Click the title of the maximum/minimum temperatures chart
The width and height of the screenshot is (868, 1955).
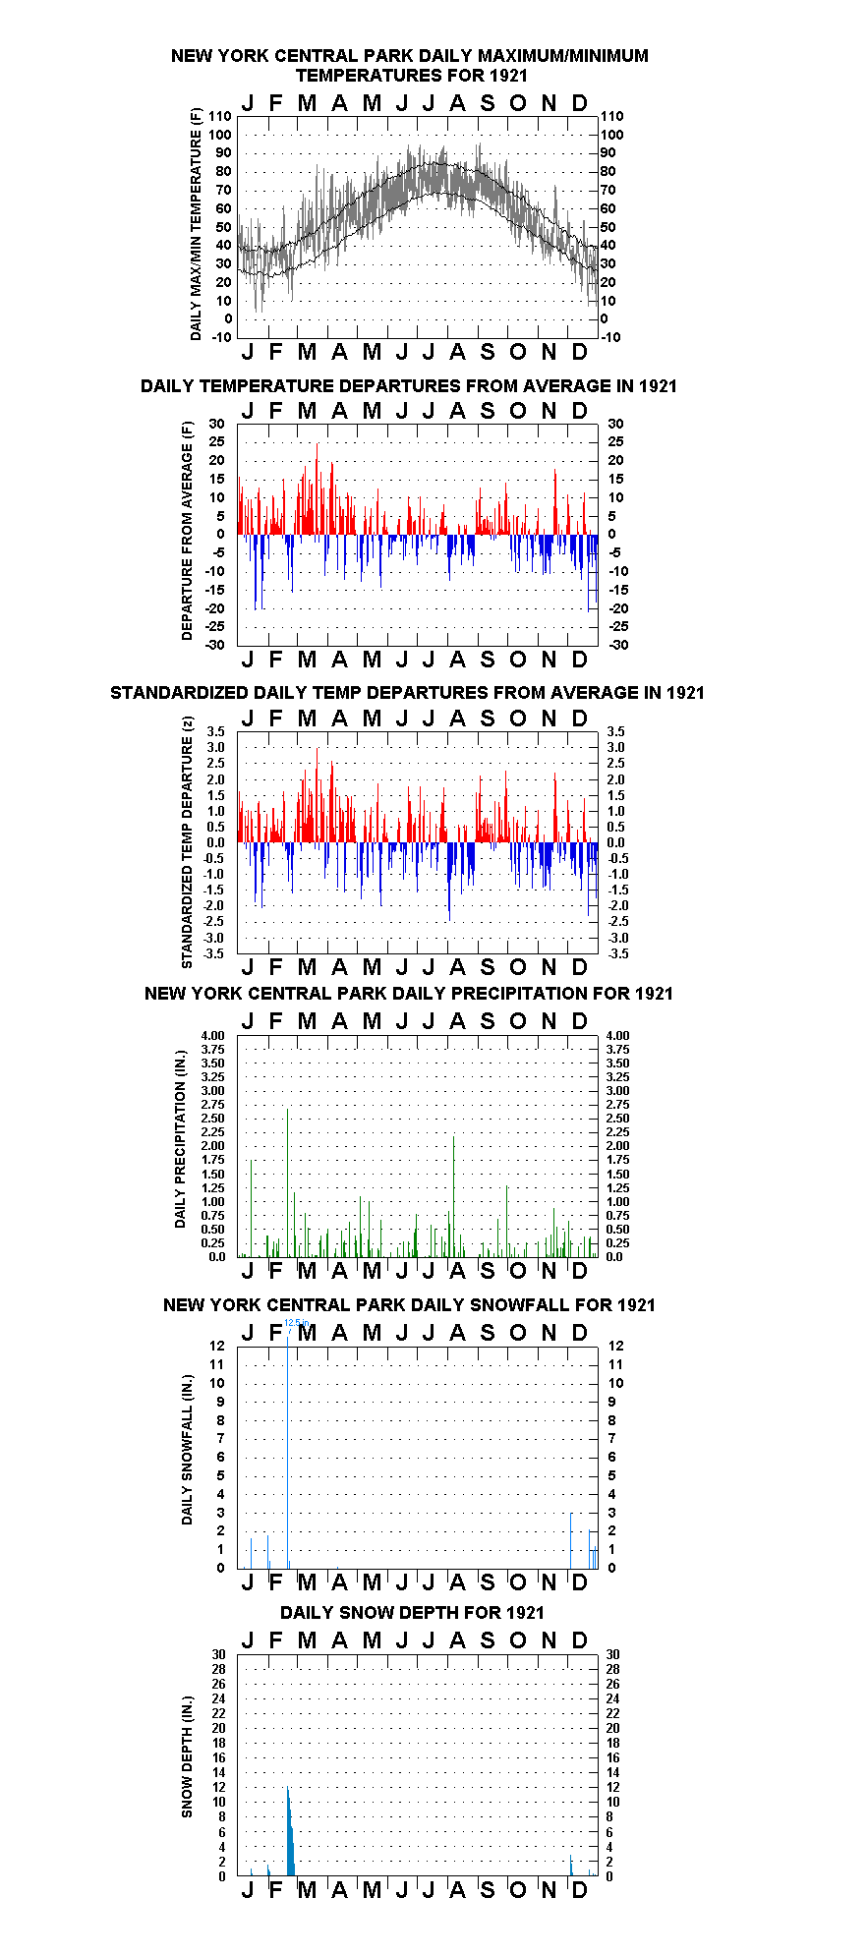[x=410, y=65]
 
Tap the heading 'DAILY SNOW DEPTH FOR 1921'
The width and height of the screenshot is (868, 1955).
[x=412, y=1612]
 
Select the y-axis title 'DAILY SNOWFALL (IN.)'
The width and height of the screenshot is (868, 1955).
[x=187, y=1450]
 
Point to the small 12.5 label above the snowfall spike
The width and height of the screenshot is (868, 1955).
[x=295, y=1323]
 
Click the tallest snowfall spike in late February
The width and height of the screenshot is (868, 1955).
[x=288, y=1451]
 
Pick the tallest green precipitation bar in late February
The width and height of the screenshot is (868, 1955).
[x=287, y=1182]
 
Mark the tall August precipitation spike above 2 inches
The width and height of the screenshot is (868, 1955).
[x=454, y=1196]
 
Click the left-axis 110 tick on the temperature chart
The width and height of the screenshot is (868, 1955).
[x=220, y=116]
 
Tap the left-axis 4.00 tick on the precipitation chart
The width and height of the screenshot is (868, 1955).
[x=212, y=1035]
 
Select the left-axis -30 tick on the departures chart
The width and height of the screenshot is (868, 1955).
[x=215, y=645]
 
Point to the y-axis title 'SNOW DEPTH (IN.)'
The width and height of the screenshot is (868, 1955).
[x=187, y=1756]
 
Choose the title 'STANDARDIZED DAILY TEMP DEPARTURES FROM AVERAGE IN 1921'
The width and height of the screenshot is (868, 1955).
[x=407, y=693]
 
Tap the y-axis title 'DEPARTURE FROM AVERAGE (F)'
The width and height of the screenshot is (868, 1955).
[x=187, y=531]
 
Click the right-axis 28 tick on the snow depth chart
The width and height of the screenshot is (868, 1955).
[x=612, y=1669]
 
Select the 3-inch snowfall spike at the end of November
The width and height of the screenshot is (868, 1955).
[x=570, y=1540]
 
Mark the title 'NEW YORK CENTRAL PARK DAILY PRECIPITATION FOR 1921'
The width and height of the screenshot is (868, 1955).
[x=409, y=994]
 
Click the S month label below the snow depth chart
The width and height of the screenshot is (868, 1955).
[x=488, y=1889]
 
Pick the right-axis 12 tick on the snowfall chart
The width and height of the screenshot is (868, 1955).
[x=612, y=1346]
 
